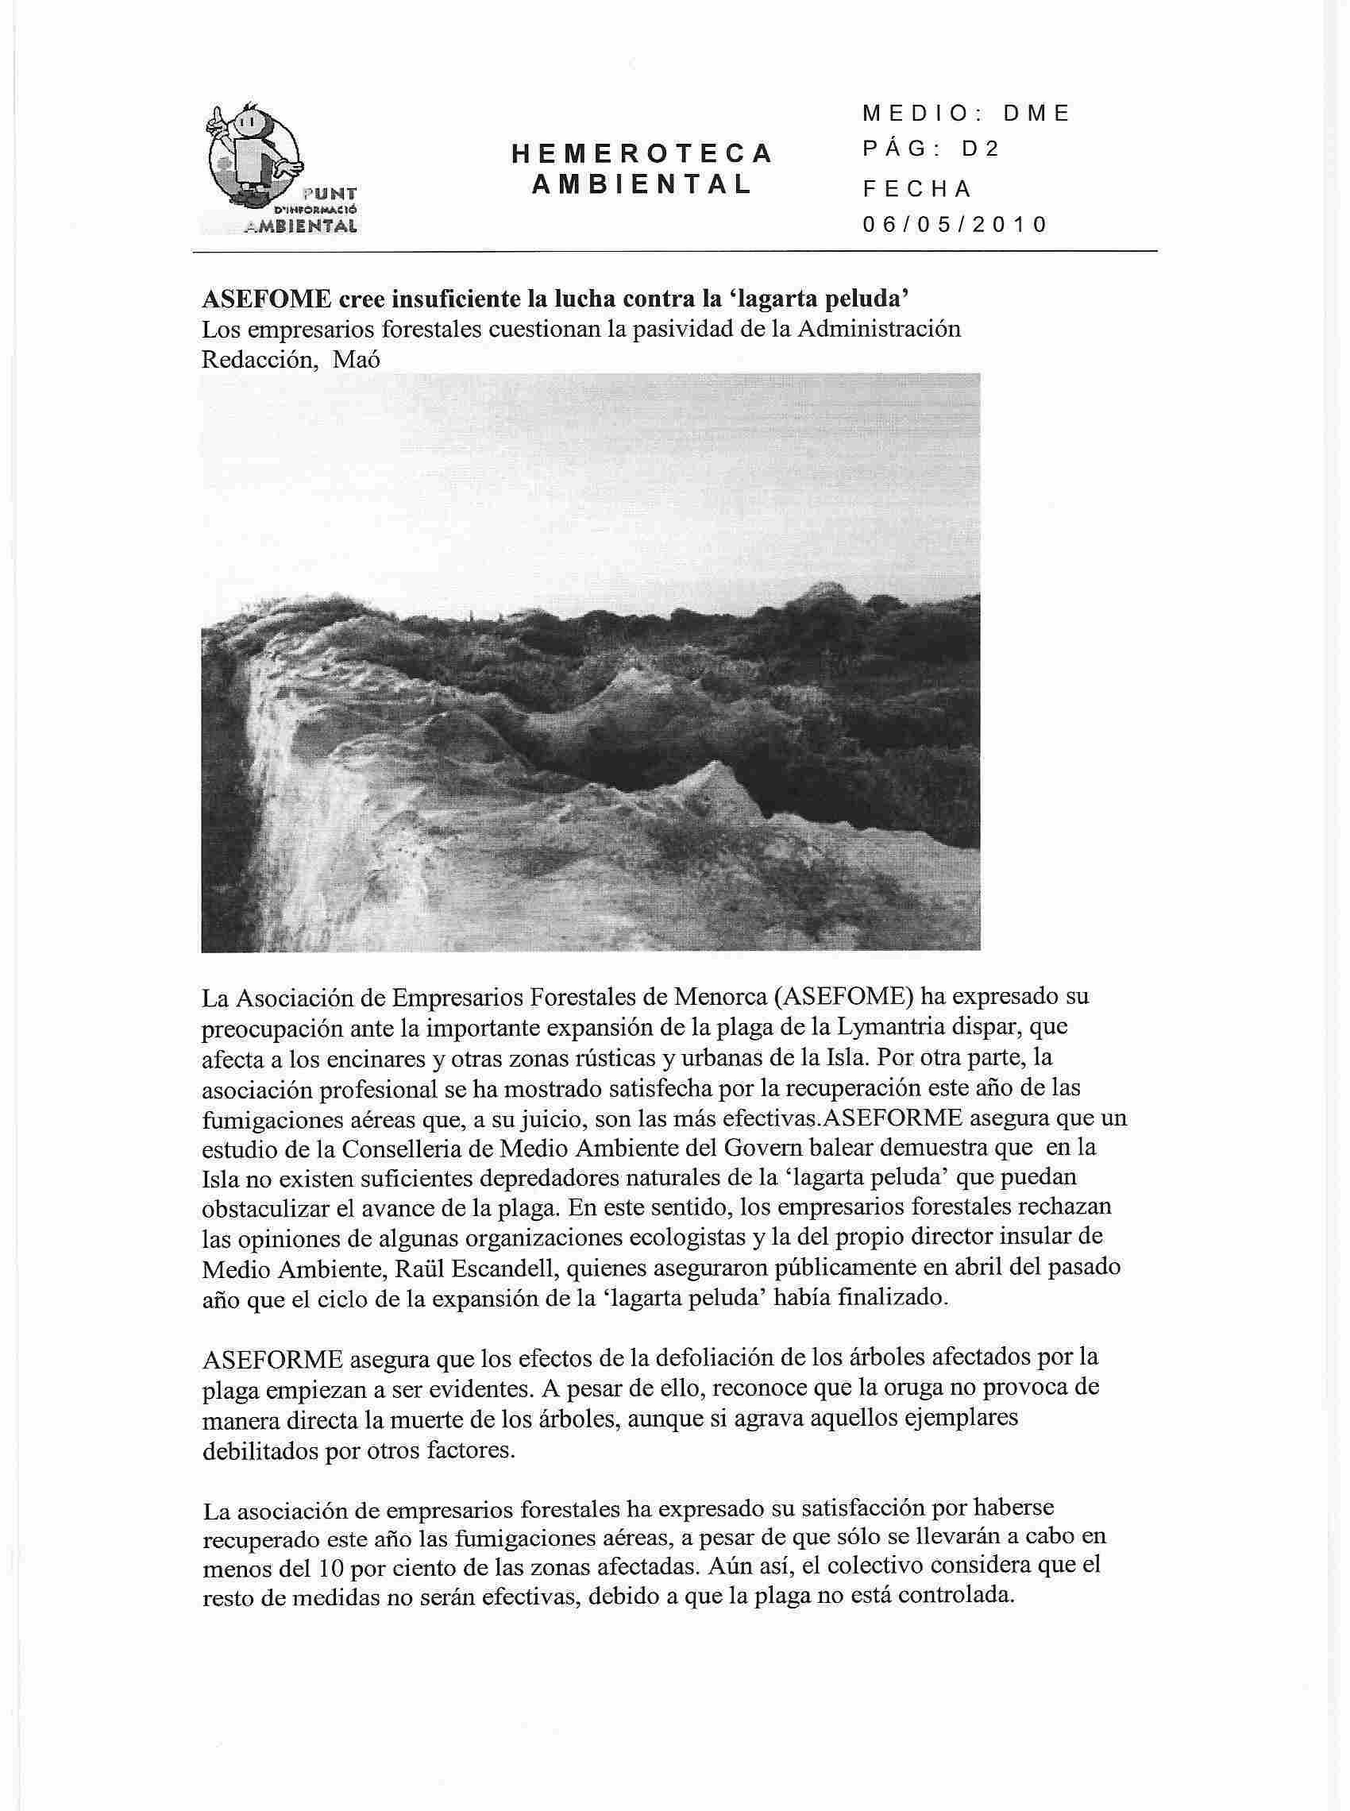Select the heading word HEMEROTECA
coord(642,153)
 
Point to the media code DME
coord(1036,114)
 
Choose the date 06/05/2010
coord(955,225)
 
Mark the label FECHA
coord(917,189)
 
